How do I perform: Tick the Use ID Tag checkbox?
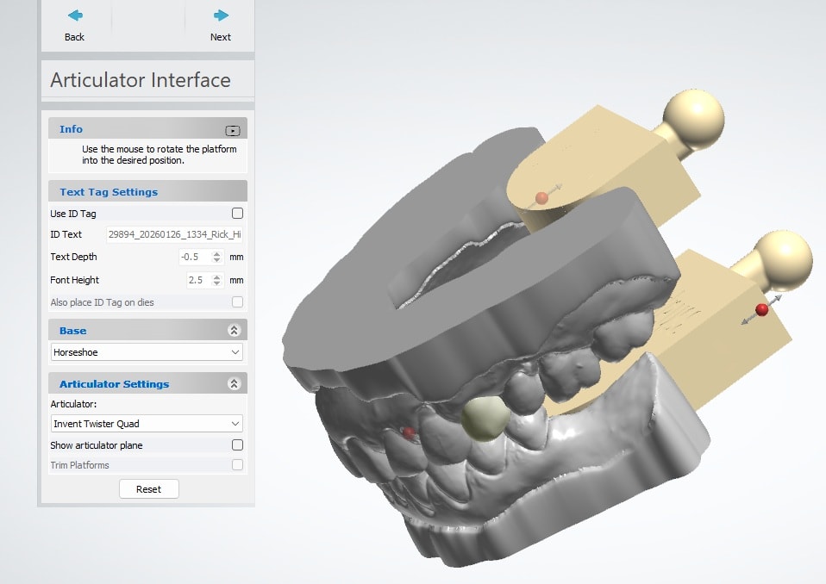click(238, 213)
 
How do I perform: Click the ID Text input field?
click(174, 234)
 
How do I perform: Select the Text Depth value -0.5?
click(190, 257)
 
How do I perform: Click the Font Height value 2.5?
click(196, 280)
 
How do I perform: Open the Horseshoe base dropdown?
click(147, 352)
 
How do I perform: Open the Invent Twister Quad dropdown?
click(147, 424)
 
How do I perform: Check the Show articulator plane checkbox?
click(238, 445)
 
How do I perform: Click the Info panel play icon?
click(233, 130)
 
